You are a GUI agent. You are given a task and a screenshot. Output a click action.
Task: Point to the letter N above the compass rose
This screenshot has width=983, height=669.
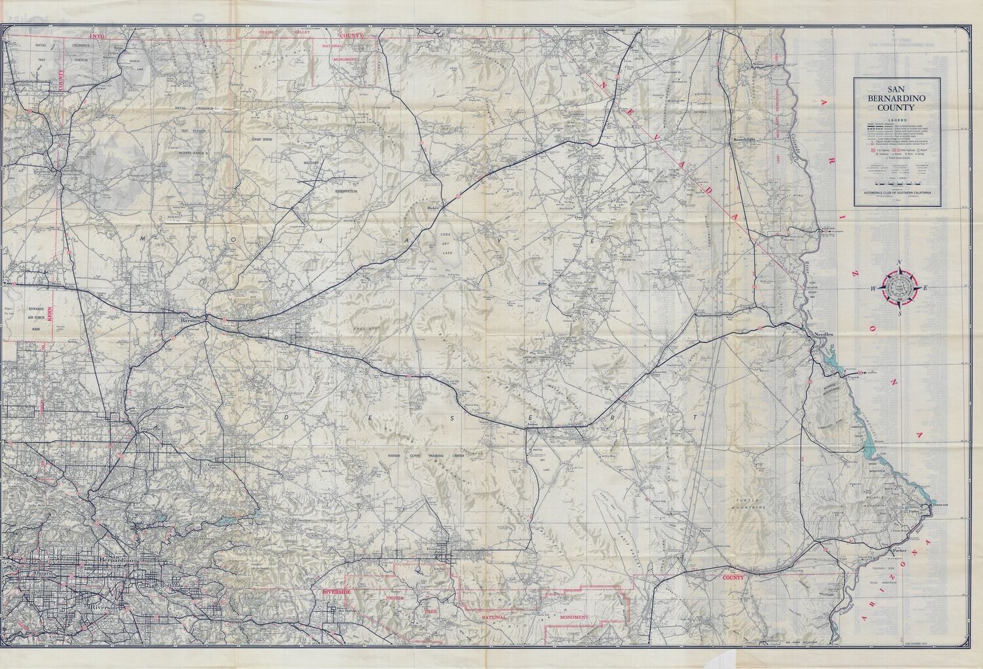point(900,263)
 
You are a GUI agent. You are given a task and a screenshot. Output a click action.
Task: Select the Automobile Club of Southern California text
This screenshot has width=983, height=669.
point(896,195)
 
